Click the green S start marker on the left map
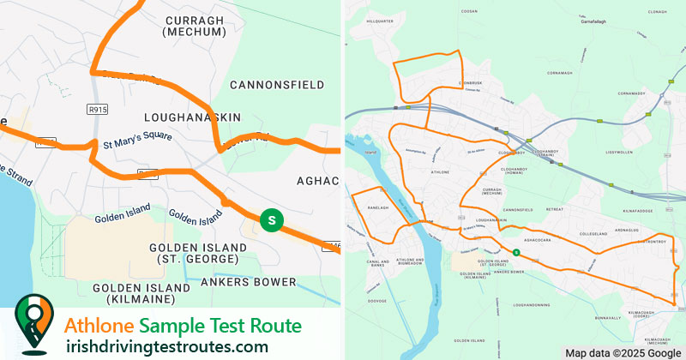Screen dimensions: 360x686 [272, 220]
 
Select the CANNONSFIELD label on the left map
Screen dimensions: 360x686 [277, 85]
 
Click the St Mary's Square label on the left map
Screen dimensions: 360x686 [137, 139]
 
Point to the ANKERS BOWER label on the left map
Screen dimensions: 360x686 [248, 282]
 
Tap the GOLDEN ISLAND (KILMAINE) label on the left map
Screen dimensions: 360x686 [141, 293]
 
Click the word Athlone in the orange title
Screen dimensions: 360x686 [99, 326]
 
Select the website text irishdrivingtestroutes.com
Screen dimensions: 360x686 [167, 346]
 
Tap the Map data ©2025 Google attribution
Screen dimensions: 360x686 [623, 352]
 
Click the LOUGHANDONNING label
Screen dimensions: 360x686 [531, 304]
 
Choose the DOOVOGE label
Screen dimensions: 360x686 [377, 301]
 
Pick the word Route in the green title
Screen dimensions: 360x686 [273, 326]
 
